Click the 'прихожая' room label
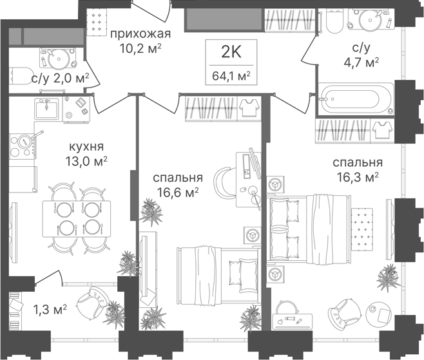tap(140, 35)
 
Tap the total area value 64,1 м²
tap(231, 76)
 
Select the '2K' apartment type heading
tap(231, 52)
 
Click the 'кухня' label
tap(86, 147)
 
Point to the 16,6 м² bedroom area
tap(178, 193)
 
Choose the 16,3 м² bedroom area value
tap(358, 177)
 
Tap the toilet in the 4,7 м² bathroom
tap(334, 21)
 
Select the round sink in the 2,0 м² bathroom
tap(57, 58)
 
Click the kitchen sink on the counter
tap(46, 109)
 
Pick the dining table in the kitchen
tap(77, 219)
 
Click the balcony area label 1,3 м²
tap(50, 309)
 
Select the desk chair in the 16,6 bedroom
tap(224, 180)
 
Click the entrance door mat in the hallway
tap(97, 22)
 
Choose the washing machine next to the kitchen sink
tap(76, 109)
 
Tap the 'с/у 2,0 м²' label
tap(60, 79)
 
